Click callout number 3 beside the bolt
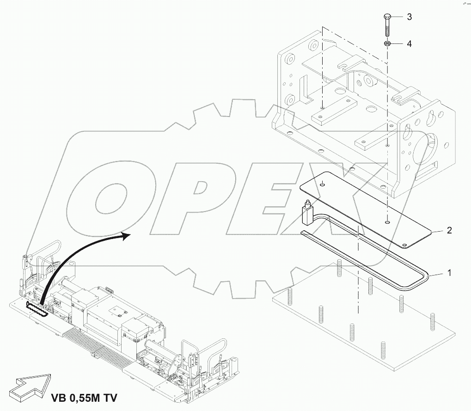click(x=409, y=17)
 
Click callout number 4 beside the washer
click(x=409, y=44)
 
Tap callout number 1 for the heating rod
click(x=448, y=273)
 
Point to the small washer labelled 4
click(x=388, y=43)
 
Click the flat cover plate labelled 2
click(x=365, y=209)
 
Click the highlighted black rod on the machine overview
click(x=37, y=308)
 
